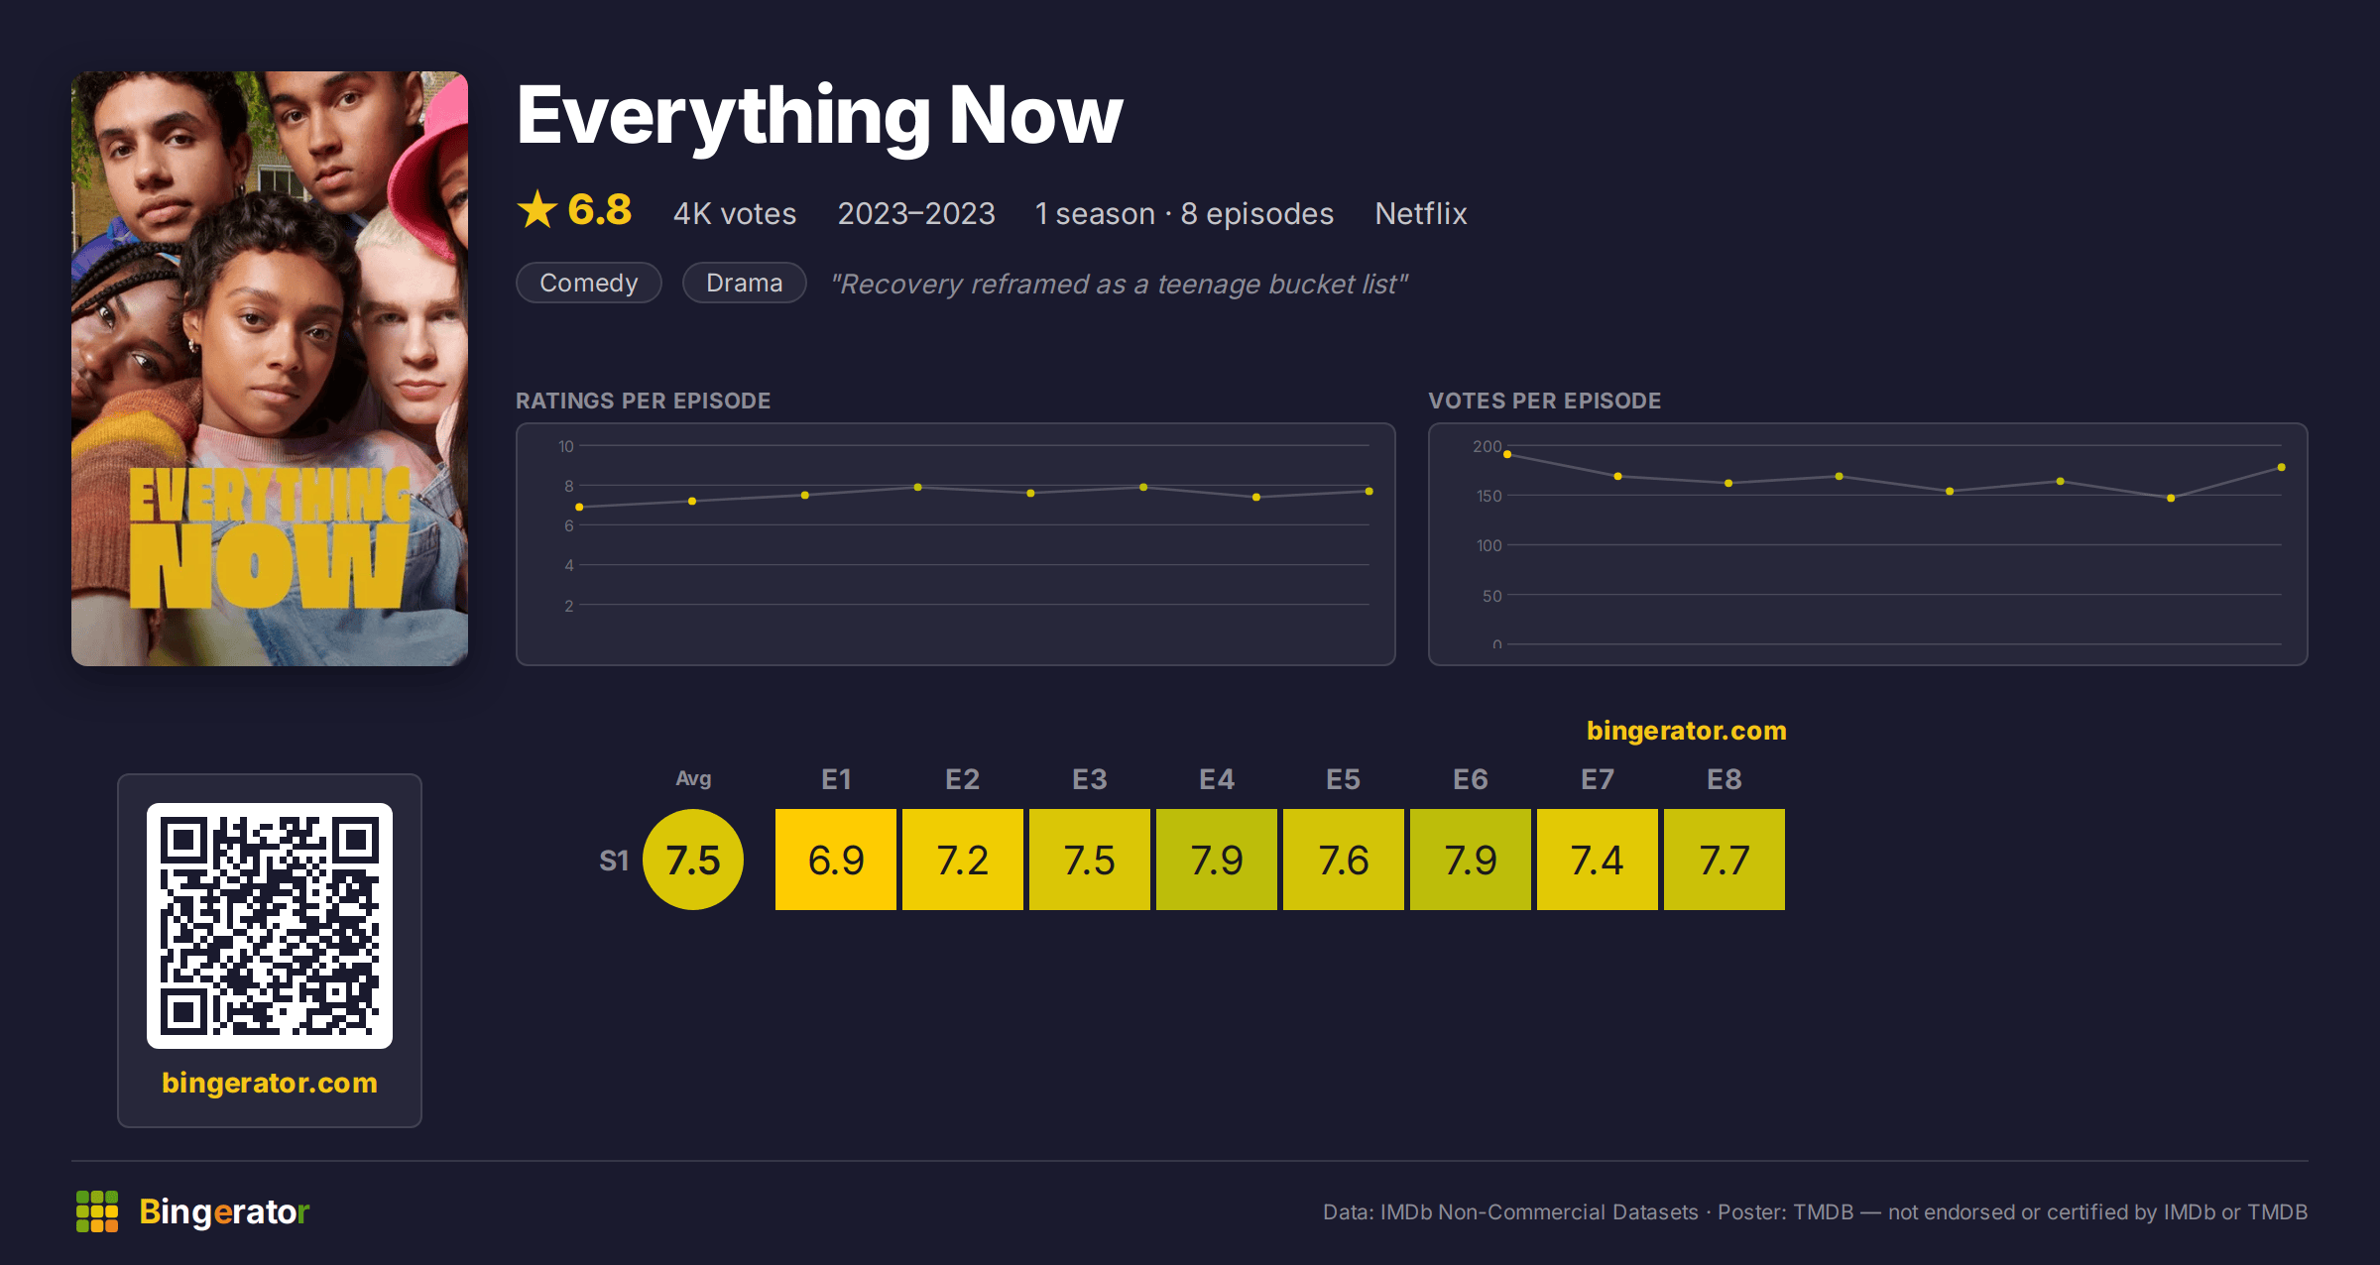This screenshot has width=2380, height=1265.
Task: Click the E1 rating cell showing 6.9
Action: click(836, 860)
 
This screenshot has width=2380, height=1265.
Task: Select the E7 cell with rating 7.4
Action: click(1598, 860)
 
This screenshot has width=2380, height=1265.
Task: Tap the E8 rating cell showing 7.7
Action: click(1725, 860)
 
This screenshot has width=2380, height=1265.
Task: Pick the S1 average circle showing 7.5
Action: click(693, 860)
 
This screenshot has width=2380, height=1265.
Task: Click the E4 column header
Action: click(1217, 779)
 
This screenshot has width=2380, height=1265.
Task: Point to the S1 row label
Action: click(614, 861)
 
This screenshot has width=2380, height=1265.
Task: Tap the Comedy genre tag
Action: click(589, 283)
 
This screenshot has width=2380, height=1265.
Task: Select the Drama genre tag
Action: click(745, 283)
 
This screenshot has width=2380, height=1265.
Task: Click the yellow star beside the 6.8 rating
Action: click(537, 209)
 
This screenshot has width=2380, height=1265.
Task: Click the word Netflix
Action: click(1421, 213)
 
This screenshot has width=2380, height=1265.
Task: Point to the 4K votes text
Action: click(735, 213)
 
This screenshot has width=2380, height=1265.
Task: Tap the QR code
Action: click(270, 926)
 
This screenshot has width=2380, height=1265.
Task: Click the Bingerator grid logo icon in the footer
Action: click(97, 1211)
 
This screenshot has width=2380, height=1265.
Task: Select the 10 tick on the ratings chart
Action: click(566, 446)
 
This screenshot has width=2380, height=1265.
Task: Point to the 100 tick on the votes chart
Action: click(1489, 545)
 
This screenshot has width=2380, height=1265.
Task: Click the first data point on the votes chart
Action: click(1507, 454)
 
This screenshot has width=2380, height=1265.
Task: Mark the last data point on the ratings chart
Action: click(1369, 491)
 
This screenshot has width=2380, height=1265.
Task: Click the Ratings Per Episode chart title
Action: click(644, 401)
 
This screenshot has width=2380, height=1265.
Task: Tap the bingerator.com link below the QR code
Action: click(270, 1083)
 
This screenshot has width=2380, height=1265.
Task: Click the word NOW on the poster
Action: click(268, 565)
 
